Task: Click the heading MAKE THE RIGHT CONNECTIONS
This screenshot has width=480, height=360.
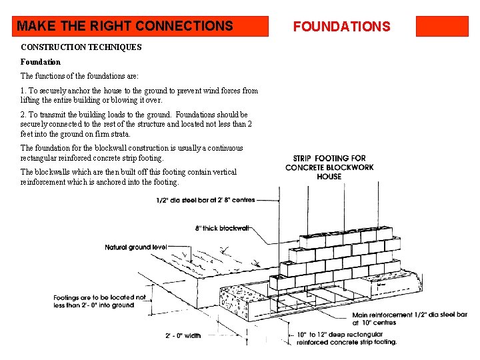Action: (125, 27)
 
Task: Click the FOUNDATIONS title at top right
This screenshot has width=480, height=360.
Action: (341, 27)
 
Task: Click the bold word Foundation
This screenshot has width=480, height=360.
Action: (41, 62)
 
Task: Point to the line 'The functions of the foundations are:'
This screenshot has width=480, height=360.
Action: (79, 76)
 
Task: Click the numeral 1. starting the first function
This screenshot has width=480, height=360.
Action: (24, 91)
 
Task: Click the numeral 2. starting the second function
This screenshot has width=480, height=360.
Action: (24, 115)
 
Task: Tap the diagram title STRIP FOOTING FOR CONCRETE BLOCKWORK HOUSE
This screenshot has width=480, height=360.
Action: (329, 167)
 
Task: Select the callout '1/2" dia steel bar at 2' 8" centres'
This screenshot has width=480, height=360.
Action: (205, 199)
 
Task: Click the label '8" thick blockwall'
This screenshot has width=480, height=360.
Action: (222, 228)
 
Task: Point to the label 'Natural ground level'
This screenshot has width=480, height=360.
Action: (136, 247)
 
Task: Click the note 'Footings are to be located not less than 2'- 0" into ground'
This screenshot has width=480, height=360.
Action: (99, 301)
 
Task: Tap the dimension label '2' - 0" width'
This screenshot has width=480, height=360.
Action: (183, 335)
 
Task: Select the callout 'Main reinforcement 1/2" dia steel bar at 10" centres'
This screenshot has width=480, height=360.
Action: (409, 319)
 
